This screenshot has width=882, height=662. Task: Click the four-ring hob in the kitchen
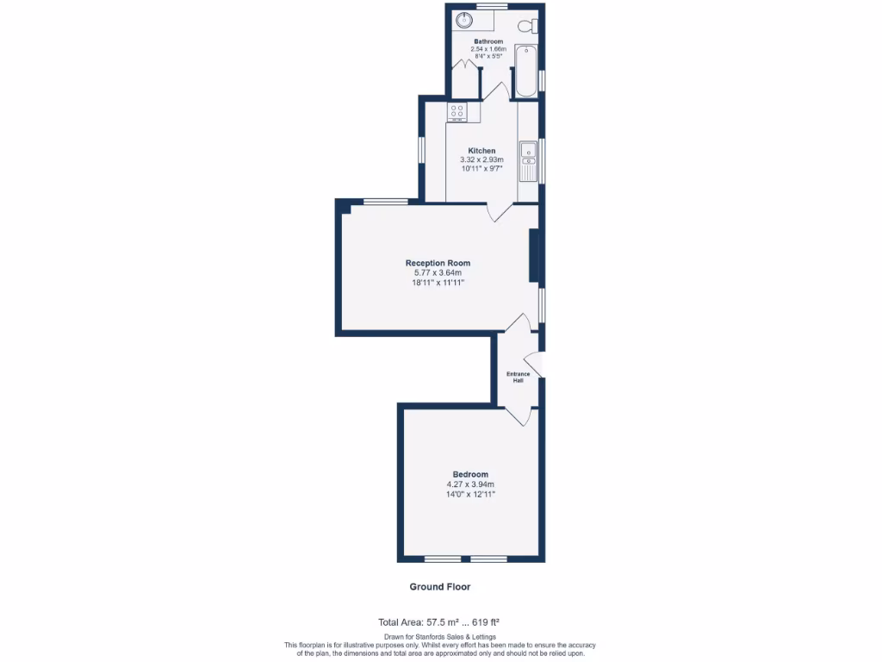coord(457,111)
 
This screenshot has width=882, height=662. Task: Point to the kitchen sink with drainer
coord(527,160)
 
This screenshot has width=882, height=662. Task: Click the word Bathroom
coord(488,41)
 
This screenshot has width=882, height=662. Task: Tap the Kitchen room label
coord(481,151)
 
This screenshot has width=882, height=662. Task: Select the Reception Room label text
coord(438,263)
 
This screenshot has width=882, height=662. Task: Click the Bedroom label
coord(470,474)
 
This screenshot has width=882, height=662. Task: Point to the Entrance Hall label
coord(518,377)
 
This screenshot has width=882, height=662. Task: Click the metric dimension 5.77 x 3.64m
coord(438,273)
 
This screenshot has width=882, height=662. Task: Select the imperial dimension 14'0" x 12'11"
coord(470,494)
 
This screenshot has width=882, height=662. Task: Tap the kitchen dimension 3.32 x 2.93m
coord(481,160)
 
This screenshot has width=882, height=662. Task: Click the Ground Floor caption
coord(439,586)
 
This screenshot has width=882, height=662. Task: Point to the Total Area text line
coord(439,621)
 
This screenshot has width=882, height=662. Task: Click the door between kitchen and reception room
coord(498,211)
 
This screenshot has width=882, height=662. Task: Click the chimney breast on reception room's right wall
coord(534,256)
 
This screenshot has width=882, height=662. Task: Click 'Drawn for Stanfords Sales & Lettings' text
coord(439,637)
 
